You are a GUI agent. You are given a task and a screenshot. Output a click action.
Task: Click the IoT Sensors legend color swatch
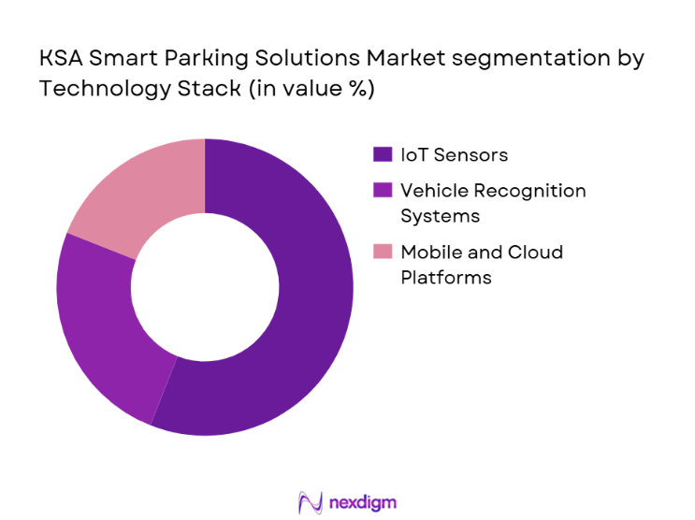click(x=382, y=155)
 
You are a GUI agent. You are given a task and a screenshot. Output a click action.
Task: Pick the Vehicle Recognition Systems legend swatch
click(x=382, y=191)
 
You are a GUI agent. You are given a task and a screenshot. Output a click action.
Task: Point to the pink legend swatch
click(x=382, y=253)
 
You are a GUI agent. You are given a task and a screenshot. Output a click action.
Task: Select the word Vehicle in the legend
click(x=431, y=191)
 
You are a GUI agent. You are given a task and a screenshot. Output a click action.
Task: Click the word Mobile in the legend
click(x=427, y=253)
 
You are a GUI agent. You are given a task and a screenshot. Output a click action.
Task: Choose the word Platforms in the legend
click(x=445, y=277)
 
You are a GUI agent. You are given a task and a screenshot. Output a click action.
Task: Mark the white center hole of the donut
click(x=205, y=286)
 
